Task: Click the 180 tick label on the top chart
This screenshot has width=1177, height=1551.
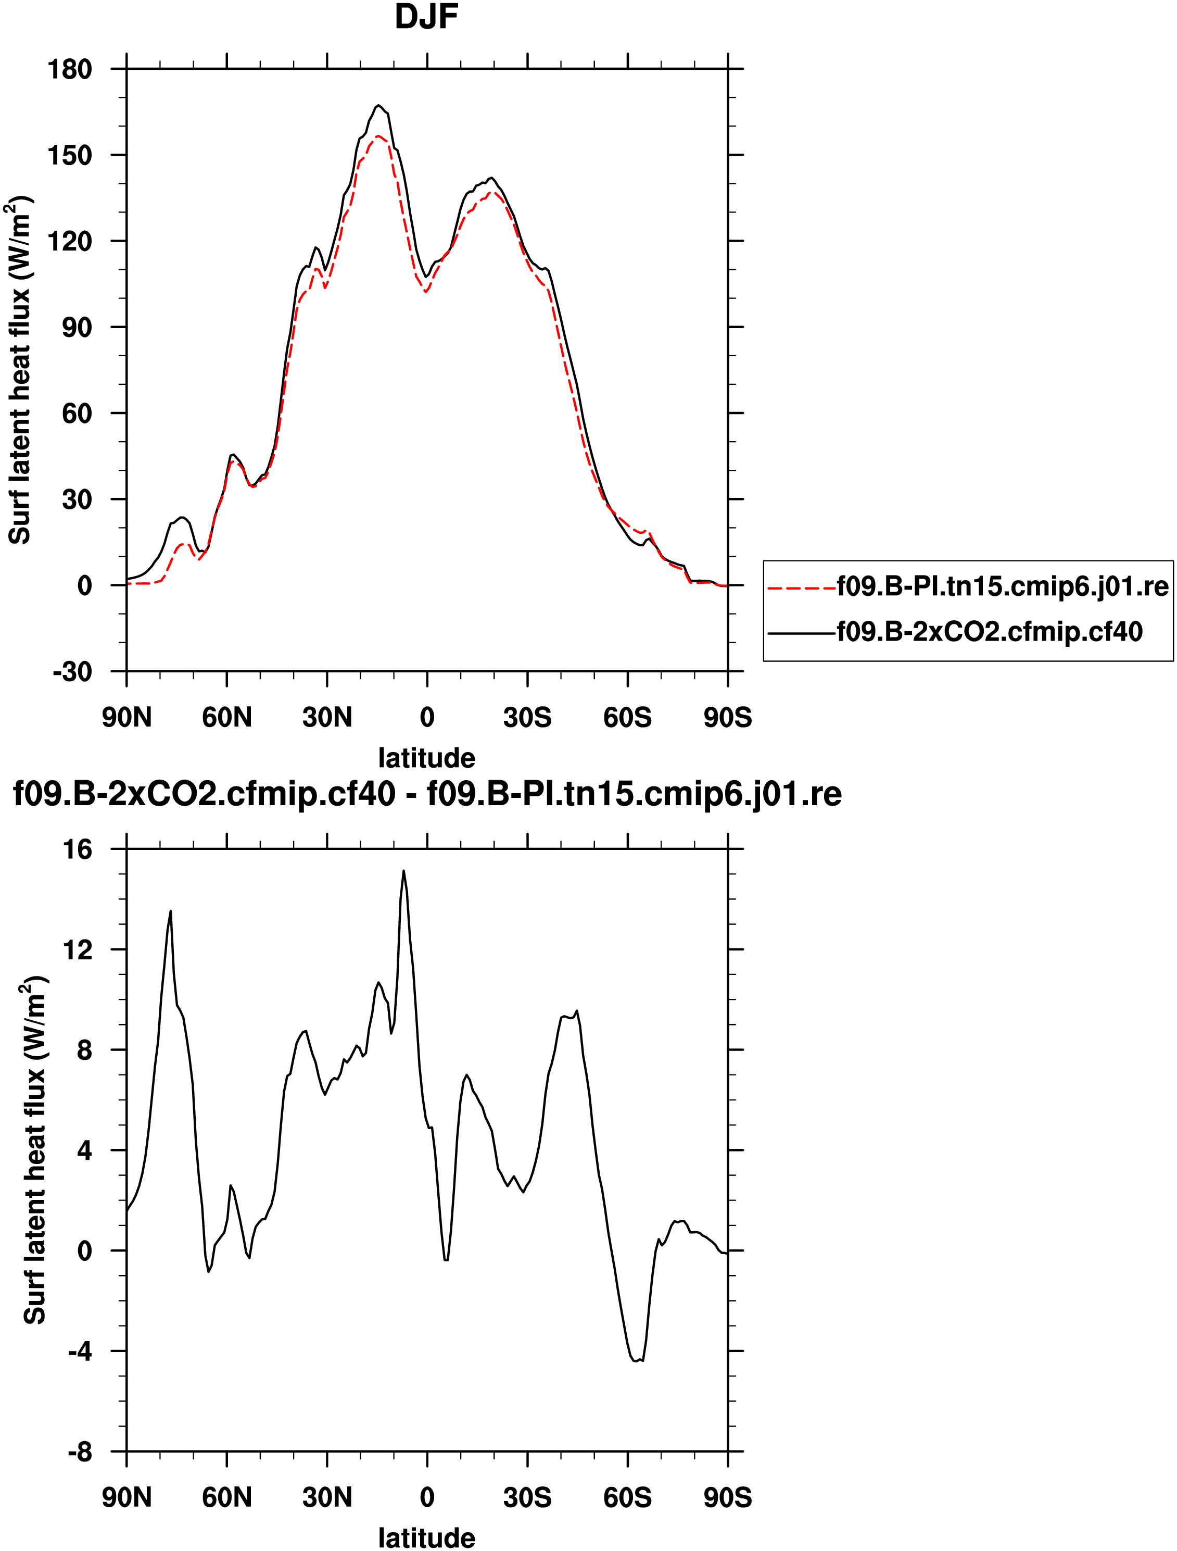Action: (69, 69)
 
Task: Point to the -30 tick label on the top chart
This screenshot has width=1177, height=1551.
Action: (72, 672)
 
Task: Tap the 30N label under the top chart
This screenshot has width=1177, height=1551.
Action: (327, 717)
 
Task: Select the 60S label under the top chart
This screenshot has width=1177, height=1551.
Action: (627, 717)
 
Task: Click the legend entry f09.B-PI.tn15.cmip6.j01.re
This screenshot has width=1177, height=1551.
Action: (1003, 586)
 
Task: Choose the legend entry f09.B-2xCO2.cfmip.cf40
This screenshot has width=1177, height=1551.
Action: (990, 632)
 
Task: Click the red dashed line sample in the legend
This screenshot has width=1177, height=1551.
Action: (801, 587)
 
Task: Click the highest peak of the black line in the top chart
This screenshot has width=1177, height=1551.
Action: (378, 106)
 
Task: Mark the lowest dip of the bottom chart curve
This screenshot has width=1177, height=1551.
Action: (637, 1361)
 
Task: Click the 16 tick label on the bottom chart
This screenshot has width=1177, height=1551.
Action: (77, 850)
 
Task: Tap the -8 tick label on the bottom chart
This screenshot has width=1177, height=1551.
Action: (79, 1452)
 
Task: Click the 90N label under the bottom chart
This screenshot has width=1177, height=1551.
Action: (126, 1498)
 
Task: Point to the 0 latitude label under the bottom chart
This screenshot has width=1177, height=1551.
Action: (427, 1498)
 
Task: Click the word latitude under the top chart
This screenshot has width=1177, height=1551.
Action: (426, 758)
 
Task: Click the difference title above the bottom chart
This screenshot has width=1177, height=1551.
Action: (427, 794)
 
